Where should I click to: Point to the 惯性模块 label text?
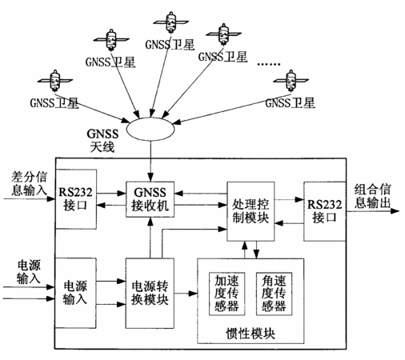tap(251, 334)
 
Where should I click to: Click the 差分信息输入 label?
tap(29, 184)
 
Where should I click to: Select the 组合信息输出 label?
tap(372, 196)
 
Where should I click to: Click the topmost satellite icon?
tap(170, 22)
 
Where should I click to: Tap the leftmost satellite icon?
tap(55, 81)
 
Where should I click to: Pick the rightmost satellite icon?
tap(291, 81)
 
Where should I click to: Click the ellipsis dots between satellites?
tap(269, 64)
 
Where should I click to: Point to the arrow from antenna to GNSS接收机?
tap(150, 161)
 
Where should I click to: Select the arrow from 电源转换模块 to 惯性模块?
tap(186, 294)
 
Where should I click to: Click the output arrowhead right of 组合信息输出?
tap(395, 211)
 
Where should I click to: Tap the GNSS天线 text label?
tap(102, 141)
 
